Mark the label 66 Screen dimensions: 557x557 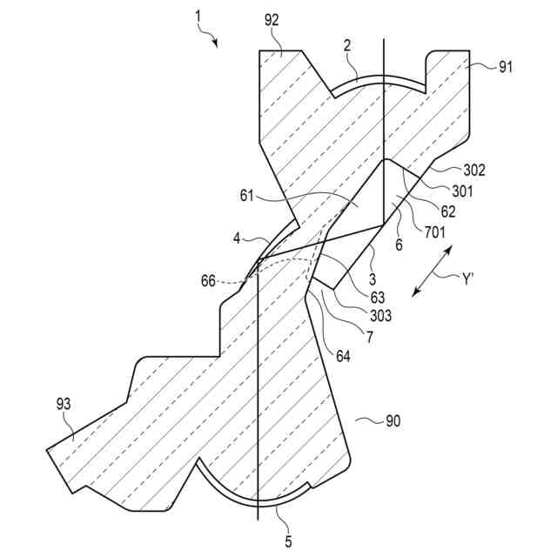tap(209, 282)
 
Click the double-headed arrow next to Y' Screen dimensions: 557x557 tap(432, 272)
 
